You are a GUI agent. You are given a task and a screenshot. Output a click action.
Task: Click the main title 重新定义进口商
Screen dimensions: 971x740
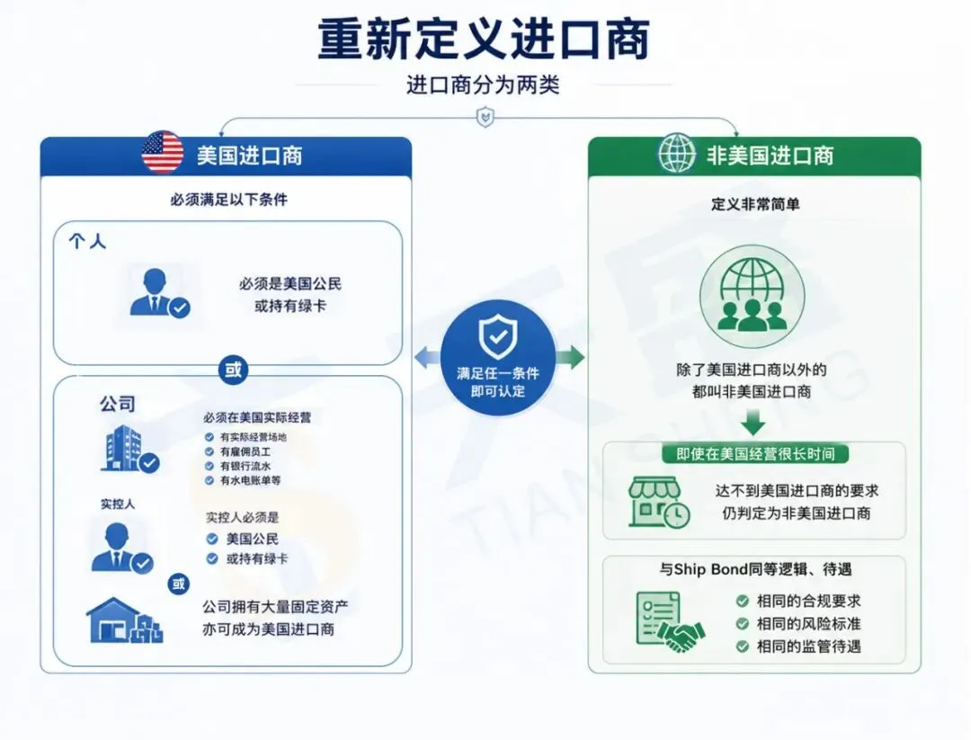coord(484,39)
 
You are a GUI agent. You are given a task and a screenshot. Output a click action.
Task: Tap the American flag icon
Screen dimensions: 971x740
coord(162,152)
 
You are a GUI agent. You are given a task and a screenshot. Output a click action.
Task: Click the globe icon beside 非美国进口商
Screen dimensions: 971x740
coord(676,153)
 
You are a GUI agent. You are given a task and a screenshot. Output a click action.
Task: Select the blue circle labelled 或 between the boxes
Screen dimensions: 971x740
coord(233,370)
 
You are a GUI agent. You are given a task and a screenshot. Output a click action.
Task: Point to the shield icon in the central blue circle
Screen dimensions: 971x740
coord(498,337)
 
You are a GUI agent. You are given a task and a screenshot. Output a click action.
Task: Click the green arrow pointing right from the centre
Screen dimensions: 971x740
coord(570,357)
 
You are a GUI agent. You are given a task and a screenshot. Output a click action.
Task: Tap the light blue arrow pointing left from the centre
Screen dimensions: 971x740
coord(427,358)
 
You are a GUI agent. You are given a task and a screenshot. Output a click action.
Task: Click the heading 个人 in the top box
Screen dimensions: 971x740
coord(87,241)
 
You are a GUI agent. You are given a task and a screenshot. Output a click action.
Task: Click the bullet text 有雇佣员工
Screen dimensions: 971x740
coord(245,451)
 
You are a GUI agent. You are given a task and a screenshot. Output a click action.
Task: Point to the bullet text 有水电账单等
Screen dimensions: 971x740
coord(250,480)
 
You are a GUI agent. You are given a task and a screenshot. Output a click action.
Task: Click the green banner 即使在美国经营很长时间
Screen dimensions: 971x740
coord(755,454)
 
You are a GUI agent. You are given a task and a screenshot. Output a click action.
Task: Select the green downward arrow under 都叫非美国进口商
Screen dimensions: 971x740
coord(753,423)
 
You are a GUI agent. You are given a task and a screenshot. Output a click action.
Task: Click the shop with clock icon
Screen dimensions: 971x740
coord(659,503)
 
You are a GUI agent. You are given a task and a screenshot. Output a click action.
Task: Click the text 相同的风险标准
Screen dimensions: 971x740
coord(809,624)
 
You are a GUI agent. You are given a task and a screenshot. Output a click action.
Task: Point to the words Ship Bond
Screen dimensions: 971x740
coord(710,569)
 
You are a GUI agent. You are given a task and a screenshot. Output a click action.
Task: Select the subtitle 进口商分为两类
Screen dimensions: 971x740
coord(483,85)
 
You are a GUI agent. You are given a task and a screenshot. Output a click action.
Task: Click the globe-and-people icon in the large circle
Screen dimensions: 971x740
coord(753,295)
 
